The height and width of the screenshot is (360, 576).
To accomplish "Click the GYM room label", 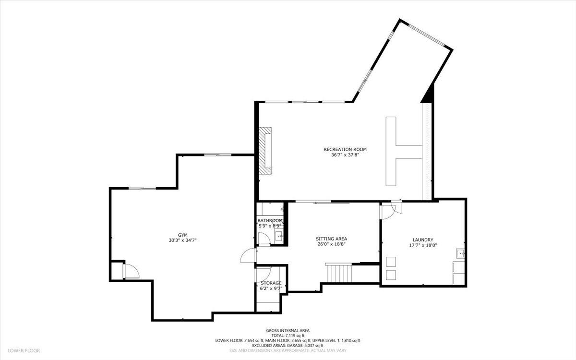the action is [x=182, y=235].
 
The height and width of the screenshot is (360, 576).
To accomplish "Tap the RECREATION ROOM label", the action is [x=345, y=149].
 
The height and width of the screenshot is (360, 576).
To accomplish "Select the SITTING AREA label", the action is [x=332, y=239].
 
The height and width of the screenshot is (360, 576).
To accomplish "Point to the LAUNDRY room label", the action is [x=423, y=240].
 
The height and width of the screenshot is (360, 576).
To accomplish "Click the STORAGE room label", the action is [x=271, y=283].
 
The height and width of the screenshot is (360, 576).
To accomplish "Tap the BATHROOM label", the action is [x=270, y=221].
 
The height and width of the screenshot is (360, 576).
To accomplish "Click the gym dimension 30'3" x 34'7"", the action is [x=182, y=240].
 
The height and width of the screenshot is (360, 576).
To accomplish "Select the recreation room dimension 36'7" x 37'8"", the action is [x=345, y=155].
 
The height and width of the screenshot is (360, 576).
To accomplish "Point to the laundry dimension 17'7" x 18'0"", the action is [x=423, y=246].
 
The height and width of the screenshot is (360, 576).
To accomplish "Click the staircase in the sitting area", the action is [x=339, y=272].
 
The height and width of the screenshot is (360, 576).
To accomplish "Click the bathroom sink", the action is [x=278, y=236].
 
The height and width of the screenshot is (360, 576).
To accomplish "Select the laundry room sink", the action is [x=460, y=253].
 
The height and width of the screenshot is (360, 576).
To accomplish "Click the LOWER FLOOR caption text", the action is [x=24, y=350].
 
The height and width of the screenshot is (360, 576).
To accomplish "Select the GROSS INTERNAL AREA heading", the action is [x=288, y=331].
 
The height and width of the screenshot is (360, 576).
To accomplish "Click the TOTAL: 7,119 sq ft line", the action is [x=288, y=336].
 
